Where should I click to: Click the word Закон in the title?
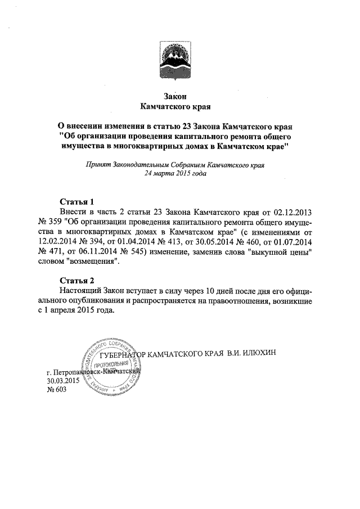click(x=174, y=96)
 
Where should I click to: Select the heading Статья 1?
click(x=76, y=201)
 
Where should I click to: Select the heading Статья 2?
click(x=76, y=280)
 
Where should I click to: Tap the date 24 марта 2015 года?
click(x=175, y=174)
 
